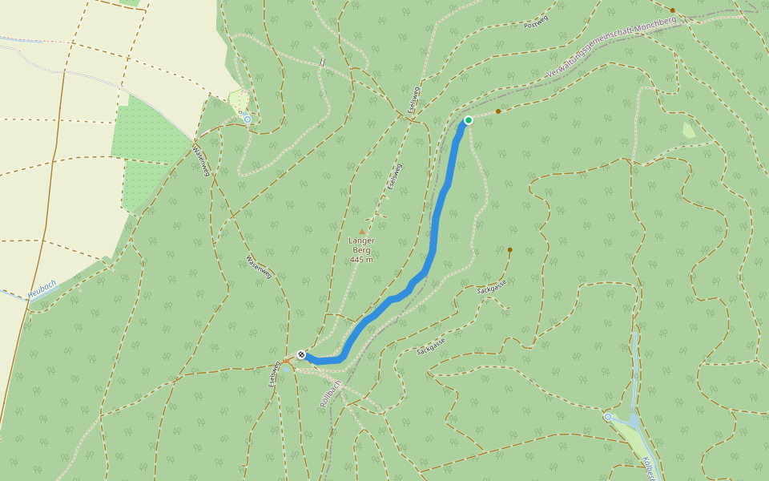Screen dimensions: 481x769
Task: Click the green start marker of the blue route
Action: point(468,120)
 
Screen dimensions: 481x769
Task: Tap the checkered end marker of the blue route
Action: point(301,354)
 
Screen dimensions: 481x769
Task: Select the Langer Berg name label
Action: point(361,245)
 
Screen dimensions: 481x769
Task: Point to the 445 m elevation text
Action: point(361,259)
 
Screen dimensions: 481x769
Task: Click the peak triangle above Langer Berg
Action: point(361,232)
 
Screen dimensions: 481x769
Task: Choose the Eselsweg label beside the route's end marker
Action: point(275,372)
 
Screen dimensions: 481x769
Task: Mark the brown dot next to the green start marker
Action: point(498,111)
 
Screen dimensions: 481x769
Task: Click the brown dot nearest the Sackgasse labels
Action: point(509,250)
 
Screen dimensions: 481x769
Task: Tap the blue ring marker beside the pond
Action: point(608,417)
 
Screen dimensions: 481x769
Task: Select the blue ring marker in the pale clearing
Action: point(248,119)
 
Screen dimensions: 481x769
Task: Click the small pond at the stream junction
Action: point(633,419)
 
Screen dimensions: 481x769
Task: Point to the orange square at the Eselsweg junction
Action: point(285,362)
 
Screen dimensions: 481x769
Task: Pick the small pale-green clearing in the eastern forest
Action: point(688,129)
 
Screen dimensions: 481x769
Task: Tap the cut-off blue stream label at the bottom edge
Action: point(648,469)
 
